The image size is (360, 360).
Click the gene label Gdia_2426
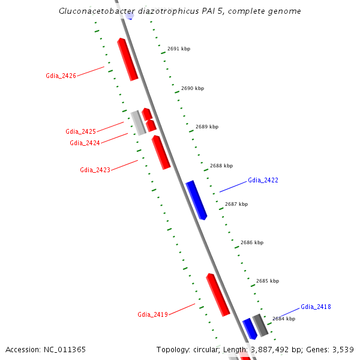tap(61, 76)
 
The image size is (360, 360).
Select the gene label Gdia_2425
tap(80, 131)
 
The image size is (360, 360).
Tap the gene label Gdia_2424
tap(85, 143)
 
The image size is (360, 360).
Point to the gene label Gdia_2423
tap(95, 170)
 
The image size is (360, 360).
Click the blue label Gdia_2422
tap(263, 180)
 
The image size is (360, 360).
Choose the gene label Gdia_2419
tap(152, 314)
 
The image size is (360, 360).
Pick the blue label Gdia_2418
tap(316, 307)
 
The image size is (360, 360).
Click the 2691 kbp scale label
tap(179, 49)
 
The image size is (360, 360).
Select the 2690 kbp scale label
tap(193, 88)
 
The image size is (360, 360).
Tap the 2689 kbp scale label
tap(207, 127)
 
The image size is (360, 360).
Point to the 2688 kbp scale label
tap(221, 166)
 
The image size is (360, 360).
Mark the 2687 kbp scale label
tap(236, 204)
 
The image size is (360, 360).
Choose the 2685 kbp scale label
tap(268, 281)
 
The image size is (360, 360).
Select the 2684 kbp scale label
tap(284, 319)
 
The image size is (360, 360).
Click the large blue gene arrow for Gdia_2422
tap(196, 199)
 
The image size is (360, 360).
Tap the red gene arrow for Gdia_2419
tap(218, 294)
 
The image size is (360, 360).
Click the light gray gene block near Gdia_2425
tap(139, 122)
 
